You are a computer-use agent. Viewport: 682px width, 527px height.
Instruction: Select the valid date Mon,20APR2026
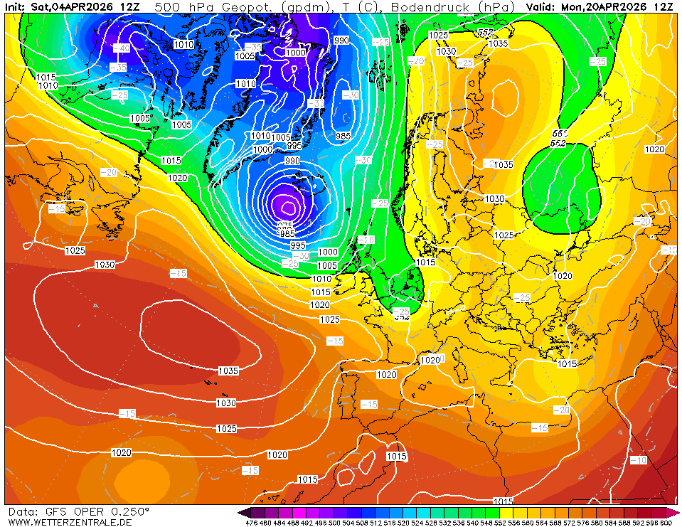click(x=604, y=6)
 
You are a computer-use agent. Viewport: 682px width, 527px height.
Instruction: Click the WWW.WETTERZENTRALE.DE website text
click(x=70, y=521)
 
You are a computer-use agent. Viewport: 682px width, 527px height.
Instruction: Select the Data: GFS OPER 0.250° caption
click(x=78, y=511)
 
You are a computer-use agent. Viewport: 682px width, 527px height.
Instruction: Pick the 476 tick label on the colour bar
click(x=251, y=523)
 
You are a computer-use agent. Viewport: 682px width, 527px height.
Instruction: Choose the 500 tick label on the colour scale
click(x=334, y=523)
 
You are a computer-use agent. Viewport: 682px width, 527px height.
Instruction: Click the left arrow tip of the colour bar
click(x=242, y=512)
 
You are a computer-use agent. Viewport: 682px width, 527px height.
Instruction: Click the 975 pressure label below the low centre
click(x=286, y=225)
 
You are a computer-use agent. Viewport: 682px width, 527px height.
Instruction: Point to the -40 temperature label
click(x=122, y=48)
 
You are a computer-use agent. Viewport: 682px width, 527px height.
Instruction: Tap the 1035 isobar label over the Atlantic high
click(x=228, y=371)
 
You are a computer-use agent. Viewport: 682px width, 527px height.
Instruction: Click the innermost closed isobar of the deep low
click(x=288, y=208)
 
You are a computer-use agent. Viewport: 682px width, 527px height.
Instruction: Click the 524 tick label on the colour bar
click(x=417, y=523)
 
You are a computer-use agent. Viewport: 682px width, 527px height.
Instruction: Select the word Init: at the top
click(x=16, y=6)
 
